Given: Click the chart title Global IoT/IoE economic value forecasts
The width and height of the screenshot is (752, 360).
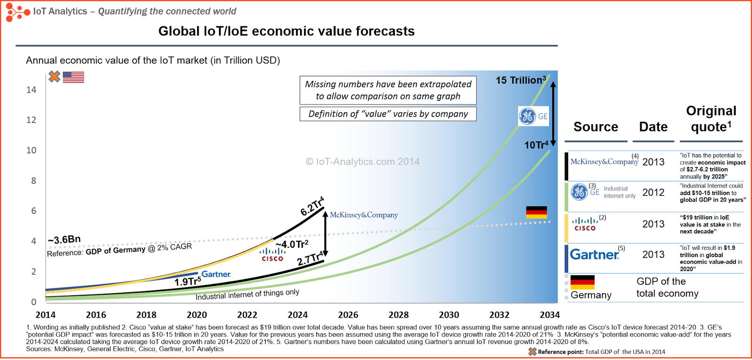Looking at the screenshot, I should point(286,31).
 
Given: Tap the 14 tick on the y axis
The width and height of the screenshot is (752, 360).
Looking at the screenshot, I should point(31,90).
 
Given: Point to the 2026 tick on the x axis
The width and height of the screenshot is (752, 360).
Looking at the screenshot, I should point(348,315).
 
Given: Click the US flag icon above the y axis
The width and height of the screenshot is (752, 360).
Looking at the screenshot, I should point(73,77).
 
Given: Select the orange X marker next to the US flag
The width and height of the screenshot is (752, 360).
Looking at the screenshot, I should point(55,77).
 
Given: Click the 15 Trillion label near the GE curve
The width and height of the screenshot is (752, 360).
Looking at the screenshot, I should point(521,80).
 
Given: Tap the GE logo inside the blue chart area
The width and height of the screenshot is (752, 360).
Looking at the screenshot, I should point(528,116).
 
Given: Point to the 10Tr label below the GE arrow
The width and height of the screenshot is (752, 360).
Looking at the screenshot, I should point(536,145).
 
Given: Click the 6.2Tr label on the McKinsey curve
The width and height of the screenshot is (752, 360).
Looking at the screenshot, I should point(312,206).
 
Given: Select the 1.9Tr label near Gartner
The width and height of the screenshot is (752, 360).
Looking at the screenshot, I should point(187,282).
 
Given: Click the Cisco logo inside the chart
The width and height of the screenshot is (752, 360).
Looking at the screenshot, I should point(273,254).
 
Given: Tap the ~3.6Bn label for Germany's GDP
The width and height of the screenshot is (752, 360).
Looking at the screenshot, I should point(64,240).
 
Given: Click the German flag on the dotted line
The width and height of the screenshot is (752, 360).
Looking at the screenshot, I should point(536,212).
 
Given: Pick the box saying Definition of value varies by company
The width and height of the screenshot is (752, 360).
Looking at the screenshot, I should point(388,114).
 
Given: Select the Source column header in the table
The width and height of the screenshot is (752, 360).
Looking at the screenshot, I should point(595,127).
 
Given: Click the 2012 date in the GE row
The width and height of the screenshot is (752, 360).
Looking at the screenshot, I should point(653,192).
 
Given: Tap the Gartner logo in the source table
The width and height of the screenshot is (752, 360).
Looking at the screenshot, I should point(595,254).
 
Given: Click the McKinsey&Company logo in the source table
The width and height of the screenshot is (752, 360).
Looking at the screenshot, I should point(604,162).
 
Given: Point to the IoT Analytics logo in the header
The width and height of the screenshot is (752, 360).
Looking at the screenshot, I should point(18,12).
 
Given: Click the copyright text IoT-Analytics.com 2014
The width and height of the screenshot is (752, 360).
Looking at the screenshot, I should point(362,162).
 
